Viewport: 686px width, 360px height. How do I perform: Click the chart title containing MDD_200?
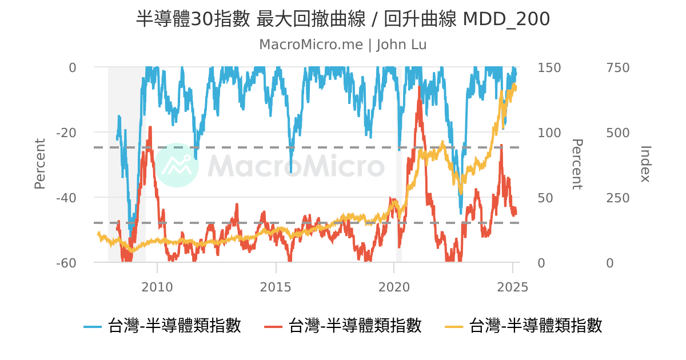(x=343, y=19)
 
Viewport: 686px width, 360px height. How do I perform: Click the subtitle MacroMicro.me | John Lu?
(x=343, y=45)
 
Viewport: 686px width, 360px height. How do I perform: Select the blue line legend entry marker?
(x=93, y=326)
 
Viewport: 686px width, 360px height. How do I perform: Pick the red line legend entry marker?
(x=273, y=326)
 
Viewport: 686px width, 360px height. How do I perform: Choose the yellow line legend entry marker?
(x=454, y=326)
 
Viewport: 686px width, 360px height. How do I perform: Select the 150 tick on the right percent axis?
(x=549, y=67)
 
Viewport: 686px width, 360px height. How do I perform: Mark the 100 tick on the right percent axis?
(x=549, y=133)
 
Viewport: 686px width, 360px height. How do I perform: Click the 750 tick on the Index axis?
(x=617, y=67)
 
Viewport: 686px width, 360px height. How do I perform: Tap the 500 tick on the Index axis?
(x=617, y=133)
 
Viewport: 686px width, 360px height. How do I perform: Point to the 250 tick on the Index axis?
(x=617, y=198)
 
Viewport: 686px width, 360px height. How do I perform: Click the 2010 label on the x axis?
(x=157, y=286)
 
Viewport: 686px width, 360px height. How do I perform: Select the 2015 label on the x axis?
(x=276, y=286)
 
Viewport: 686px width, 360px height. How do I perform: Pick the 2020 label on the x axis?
(x=394, y=286)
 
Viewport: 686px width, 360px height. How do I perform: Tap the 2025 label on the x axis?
(x=513, y=286)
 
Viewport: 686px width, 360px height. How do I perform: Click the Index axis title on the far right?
(x=645, y=164)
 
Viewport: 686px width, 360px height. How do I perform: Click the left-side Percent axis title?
(x=39, y=164)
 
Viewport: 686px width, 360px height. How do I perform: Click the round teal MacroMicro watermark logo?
(x=177, y=165)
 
